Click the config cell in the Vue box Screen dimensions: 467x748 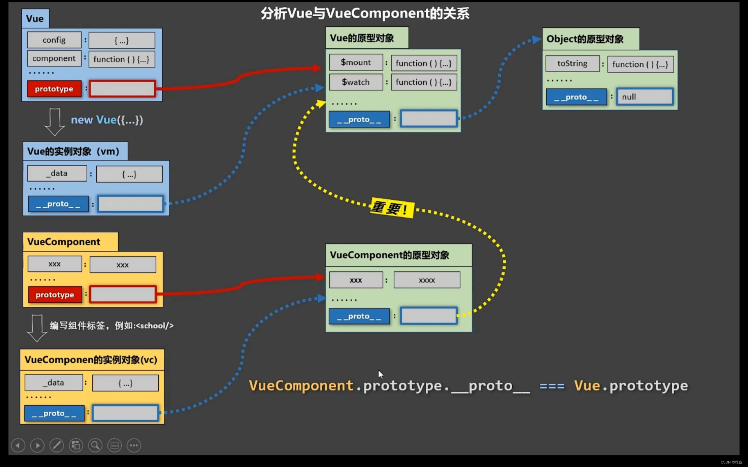[x=54, y=40]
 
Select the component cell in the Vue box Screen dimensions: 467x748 [x=54, y=58]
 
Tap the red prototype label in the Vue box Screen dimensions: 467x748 [x=54, y=89]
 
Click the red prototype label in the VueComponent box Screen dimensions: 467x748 [x=55, y=295]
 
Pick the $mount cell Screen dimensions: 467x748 [x=356, y=62]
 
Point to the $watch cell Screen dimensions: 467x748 [x=356, y=82]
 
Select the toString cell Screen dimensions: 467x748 [x=572, y=64]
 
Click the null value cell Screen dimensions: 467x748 [x=645, y=97]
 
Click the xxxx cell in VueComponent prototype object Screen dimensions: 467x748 [x=427, y=280]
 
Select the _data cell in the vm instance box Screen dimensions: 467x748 [x=57, y=173]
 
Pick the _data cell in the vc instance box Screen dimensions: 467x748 [x=54, y=383]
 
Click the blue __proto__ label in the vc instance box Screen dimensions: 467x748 [x=54, y=413]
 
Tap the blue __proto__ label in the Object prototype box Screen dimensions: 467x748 [x=576, y=97]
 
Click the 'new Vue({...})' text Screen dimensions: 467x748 [x=107, y=120]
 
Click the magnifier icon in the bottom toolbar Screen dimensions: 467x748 [x=95, y=445]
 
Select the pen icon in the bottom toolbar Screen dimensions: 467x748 [x=57, y=445]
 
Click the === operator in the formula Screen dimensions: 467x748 [x=552, y=386]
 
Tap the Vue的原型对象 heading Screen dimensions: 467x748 [x=362, y=38]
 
